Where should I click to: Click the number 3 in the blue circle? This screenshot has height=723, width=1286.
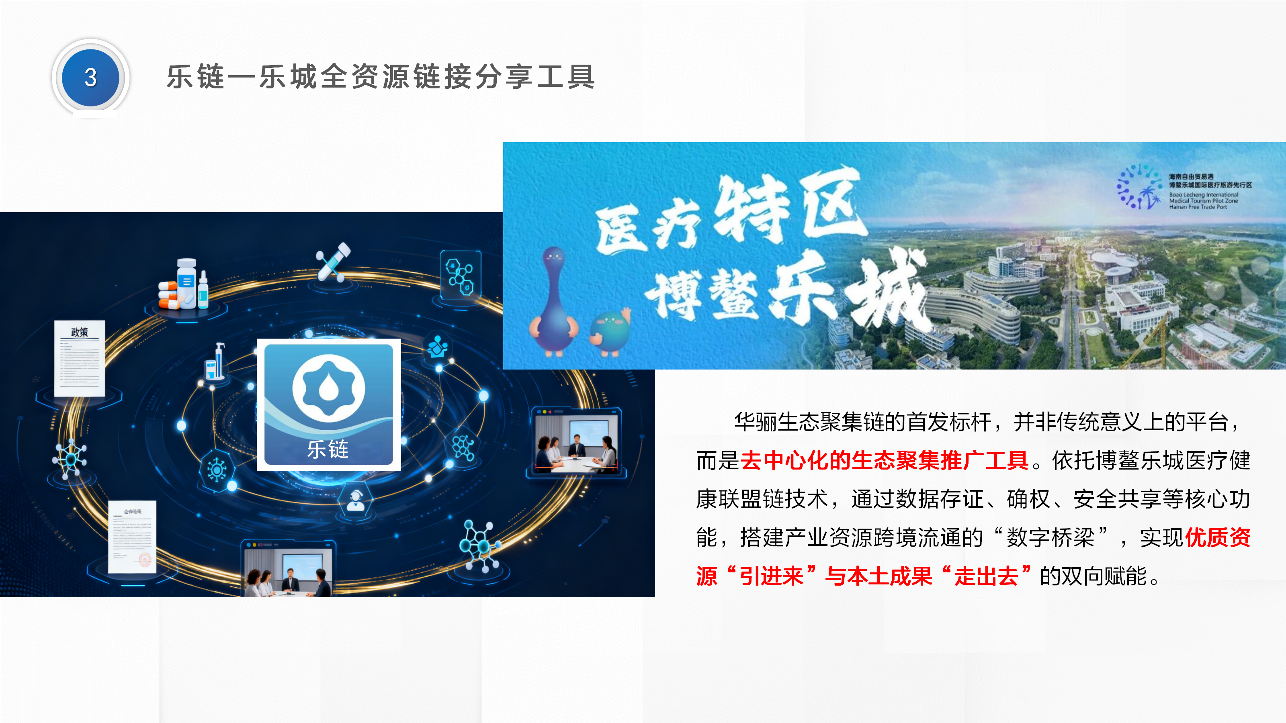(90, 78)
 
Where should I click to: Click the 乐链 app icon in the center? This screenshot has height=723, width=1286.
(328, 404)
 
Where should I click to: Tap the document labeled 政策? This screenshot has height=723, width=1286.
(80, 358)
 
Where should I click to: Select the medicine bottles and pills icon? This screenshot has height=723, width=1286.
(184, 286)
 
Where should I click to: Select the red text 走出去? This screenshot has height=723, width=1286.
(986, 576)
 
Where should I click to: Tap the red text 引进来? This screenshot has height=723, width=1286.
(771, 576)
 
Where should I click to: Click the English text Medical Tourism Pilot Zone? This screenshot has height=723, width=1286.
(1203, 200)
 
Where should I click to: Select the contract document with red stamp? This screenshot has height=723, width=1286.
(132, 536)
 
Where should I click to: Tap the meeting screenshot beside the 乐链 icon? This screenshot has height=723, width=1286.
(577, 441)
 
